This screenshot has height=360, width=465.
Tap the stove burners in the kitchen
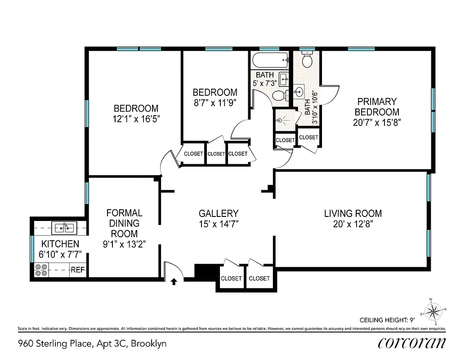click(41, 270)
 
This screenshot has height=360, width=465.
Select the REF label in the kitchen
click(77, 270)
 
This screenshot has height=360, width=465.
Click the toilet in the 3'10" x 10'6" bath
click(308, 60)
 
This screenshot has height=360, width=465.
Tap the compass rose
click(434, 310)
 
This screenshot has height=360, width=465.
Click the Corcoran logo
click(411, 343)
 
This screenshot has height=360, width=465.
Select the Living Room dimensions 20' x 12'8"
click(353, 224)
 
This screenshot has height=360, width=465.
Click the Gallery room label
click(219, 213)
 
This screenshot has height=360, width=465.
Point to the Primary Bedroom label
click(377, 107)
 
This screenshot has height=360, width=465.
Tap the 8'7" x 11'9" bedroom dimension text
click(215, 103)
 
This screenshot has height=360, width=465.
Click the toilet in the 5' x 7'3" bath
click(279, 95)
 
